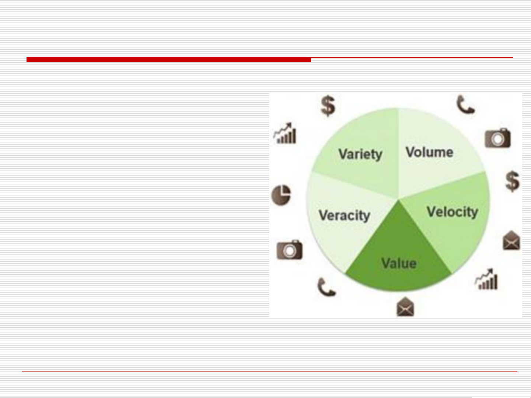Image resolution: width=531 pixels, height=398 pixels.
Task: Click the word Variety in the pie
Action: coord(360,154)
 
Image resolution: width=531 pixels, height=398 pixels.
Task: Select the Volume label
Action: coord(429,152)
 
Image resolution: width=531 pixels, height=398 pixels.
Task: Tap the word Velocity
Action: coord(453,212)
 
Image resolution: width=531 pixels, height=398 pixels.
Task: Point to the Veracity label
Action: coord(345,215)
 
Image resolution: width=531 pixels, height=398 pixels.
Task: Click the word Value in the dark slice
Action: coord(399,263)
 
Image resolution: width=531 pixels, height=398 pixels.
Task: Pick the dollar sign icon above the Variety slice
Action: coord(328,106)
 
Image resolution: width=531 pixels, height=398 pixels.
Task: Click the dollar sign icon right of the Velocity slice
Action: coord(512,182)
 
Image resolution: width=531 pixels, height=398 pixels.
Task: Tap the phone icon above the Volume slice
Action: coord(465,105)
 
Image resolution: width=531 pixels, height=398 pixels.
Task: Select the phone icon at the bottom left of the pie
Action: coord(326,287)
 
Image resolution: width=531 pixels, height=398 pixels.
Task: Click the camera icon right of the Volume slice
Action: coord(498,138)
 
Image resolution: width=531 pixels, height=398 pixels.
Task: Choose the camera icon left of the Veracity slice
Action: coord(290,250)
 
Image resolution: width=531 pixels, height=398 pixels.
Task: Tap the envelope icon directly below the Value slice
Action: coord(405,307)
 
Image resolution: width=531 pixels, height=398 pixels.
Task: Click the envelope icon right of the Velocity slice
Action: coord(511,240)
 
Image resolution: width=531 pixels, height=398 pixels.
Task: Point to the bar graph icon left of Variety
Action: coord(285,133)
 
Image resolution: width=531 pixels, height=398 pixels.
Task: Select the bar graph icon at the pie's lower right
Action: coord(486,279)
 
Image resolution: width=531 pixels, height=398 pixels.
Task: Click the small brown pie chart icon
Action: coord(281,195)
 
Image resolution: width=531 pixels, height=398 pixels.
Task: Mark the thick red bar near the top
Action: coord(169,59)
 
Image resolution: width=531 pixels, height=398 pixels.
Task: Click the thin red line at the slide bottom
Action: coord(270,371)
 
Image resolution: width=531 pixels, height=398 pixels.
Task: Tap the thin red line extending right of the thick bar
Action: coord(412,58)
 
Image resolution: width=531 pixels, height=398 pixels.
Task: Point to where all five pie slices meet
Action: coord(398,200)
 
